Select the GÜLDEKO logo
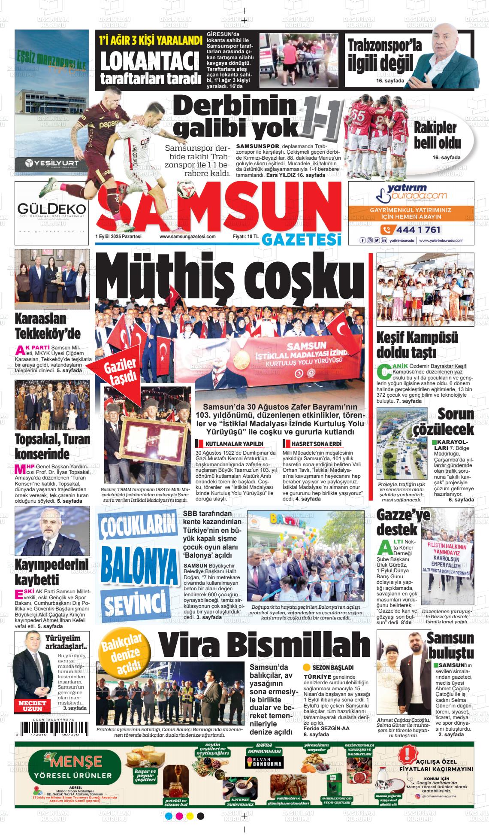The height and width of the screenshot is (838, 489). click(x=51, y=209)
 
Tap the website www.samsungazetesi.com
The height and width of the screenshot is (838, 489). click(x=187, y=237)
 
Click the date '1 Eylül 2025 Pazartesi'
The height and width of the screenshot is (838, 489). click(x=118, y=237)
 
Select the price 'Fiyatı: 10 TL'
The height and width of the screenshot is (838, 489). click(x=245, y=237)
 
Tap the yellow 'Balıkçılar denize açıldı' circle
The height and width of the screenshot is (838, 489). click(x=121, y=653)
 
